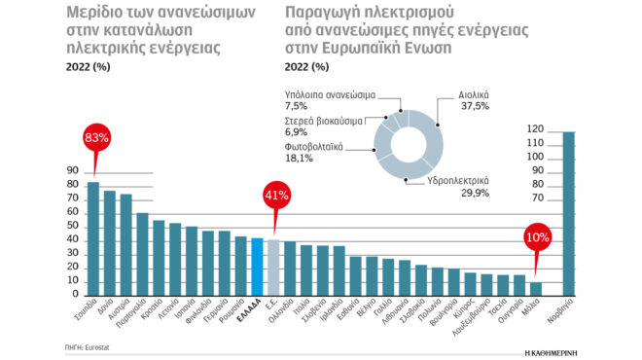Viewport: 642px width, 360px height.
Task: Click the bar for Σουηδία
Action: click(x=93, y=237)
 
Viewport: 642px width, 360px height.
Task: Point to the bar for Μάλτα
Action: click(x=536, y=288)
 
